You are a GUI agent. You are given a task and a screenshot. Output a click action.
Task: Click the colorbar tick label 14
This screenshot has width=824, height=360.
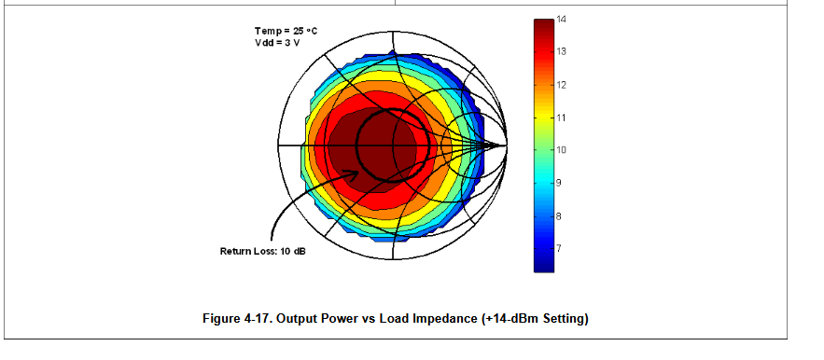pyautogui.click(x=561, y=20)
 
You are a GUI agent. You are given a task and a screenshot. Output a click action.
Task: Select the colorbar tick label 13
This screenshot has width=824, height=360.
pyautogui.click(x=561, y=51)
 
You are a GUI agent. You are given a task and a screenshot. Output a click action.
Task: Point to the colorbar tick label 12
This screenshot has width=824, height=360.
pyautogui.click(x=561, y=85)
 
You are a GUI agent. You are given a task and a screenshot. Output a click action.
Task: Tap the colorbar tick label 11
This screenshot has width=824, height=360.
pyautogui.click(x=561, y=118)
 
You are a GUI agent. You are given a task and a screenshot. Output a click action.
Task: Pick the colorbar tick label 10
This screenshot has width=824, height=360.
pyautogui.click(x=561, y=150)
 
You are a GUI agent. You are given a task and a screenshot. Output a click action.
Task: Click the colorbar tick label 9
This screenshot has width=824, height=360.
pyautogui.click(x=559, y=183)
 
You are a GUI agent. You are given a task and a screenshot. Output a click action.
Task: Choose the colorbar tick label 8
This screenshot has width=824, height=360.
pyautogui.click(x=559, y=216)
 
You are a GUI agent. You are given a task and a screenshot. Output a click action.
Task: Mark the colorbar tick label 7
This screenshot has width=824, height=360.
pyautogui.click(x=559, y=248)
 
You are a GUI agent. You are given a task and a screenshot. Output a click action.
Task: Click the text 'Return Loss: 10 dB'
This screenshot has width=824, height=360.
pyautogui.click(x=263, y=251)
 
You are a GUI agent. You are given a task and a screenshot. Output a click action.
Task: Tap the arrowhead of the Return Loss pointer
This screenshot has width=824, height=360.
pyautogui.click(x=354, y=173)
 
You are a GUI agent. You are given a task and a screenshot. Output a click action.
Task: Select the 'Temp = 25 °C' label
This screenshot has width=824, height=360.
pyautogui.click(x=286, y=31)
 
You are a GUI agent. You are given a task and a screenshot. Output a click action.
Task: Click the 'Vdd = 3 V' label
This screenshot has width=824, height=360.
pyautogui.click(x=277, y=43)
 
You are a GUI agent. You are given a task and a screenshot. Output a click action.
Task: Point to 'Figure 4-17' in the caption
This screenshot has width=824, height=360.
pyautogui.click(x=237, y=318)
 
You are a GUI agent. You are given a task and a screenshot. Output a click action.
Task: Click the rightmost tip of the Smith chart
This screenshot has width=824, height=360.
pyautogui.click(x=507, y=145)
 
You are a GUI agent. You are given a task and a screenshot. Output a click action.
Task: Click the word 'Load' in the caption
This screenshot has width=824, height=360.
pyautogui.click(x=394, y=318)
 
